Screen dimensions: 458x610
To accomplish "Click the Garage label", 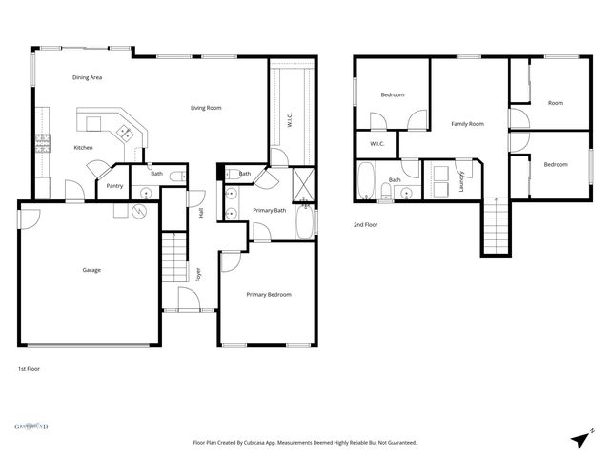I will pos(91,270).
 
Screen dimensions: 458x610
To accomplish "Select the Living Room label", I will pos(206,108).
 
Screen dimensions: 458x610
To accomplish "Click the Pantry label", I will pos(114,186).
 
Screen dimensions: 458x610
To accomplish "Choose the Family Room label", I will pos(467,124).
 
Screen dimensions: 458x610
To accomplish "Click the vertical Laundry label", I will pos(462,180).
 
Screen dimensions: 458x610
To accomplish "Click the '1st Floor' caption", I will pos(29,368).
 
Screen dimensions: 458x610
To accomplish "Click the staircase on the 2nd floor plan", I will pos(495,225).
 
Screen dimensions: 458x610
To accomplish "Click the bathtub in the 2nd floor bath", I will pos(367,181).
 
